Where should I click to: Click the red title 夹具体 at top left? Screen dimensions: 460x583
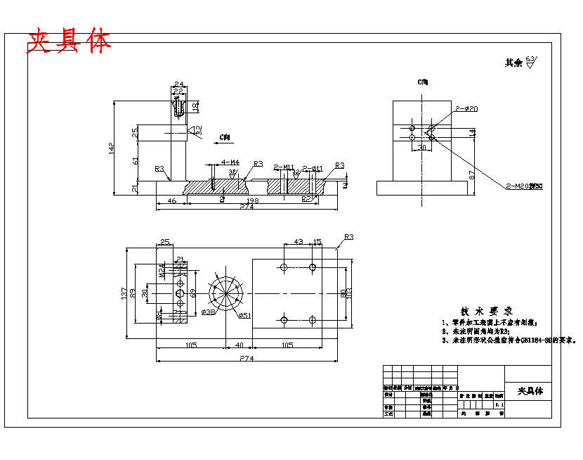coord(69,41)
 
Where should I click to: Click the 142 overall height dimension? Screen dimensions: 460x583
coord(111,148)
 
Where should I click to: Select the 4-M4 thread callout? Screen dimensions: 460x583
coord(230,162)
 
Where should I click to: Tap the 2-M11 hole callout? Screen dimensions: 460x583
coord(284,167)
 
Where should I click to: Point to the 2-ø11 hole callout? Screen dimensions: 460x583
coord(313,168)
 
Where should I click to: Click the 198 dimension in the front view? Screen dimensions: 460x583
coord(253,201)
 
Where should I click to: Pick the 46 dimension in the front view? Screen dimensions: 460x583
coord(171,201)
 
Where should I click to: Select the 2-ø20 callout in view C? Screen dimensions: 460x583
coord(466,109)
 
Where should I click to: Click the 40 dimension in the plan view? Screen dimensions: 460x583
coord(239,345)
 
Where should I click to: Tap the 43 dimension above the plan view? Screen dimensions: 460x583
coord(298,242)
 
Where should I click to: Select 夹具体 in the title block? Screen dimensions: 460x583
coord(530,391)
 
